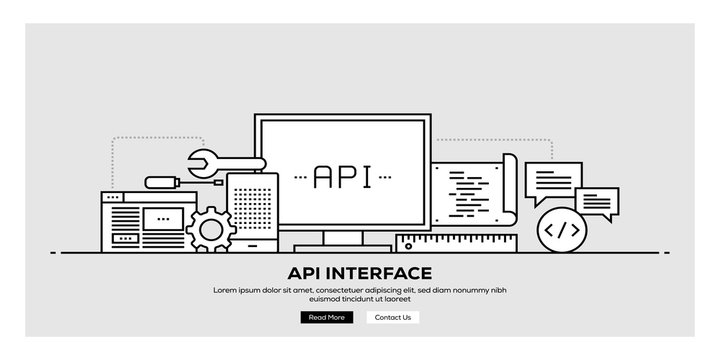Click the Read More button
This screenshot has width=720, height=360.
(326, 317)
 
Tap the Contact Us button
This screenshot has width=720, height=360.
(393, 317)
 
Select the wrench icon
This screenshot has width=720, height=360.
(226, 160)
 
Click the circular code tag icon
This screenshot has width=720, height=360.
(560, 230)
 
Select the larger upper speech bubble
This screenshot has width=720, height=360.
(554, 181)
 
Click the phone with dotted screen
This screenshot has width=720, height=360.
(249, 210)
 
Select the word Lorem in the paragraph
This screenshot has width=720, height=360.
(225, 289)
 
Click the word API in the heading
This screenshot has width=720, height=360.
(305, 272)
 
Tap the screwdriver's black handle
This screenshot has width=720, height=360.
(160, 182)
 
